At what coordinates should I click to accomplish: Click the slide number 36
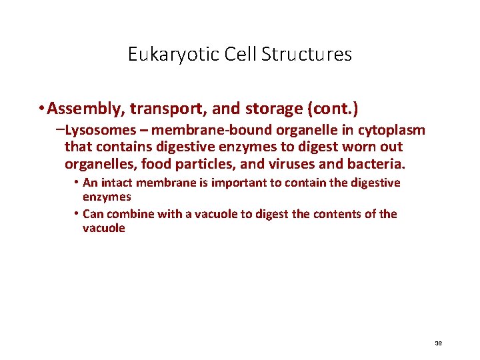(x=438, y=343)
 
